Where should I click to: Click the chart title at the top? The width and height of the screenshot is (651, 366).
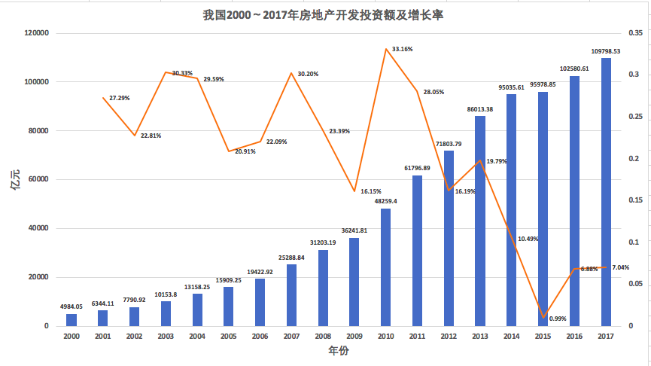[325, 14]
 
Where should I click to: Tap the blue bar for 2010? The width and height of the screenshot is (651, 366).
[385, 267]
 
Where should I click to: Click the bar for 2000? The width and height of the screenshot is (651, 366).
[71, 320]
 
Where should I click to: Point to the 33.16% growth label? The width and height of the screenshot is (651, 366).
[402, 49]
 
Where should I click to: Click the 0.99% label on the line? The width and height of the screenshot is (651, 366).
[558, 319]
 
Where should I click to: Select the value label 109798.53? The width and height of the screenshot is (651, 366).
[605, 51]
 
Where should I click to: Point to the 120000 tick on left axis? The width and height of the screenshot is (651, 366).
[36, 33]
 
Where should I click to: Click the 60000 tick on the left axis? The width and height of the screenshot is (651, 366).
[38, 179]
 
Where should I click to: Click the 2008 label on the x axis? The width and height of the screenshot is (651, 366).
[323, 337]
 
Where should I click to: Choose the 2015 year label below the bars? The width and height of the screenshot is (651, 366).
[543, 337]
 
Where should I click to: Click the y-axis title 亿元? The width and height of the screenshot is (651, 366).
[14, 179]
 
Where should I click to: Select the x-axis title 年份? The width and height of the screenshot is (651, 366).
[339, 351]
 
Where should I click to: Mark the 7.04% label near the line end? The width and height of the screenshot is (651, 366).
[621, 267]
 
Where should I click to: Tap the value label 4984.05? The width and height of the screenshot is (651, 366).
[71, 307]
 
